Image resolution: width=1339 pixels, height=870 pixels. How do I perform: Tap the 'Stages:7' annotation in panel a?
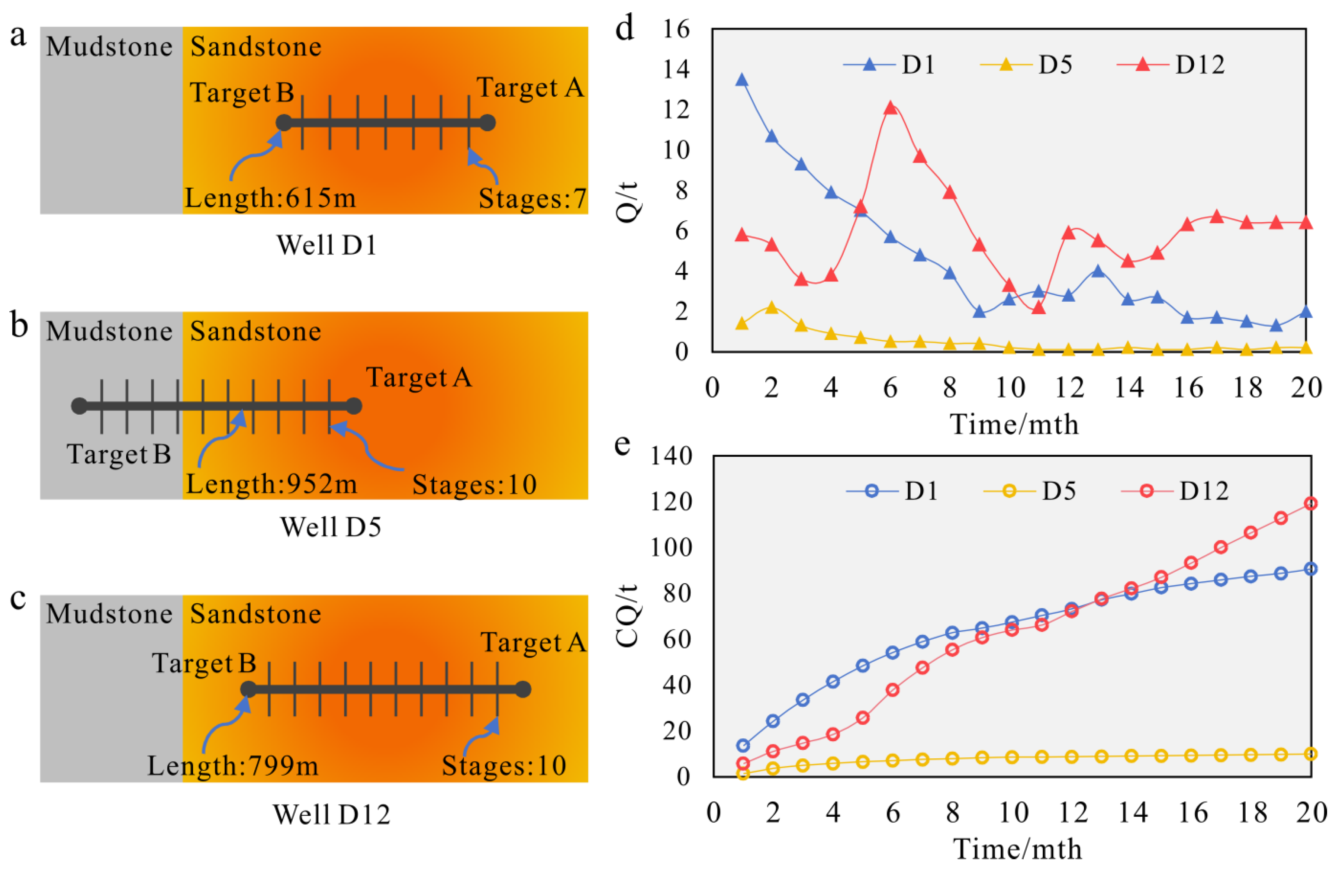tap(532, 199)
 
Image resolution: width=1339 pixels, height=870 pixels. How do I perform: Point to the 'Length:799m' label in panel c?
tap(233, 765)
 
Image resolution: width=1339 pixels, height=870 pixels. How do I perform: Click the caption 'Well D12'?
tap(331, 814)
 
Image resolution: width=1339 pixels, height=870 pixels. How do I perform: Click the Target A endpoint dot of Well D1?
tap(487, 123)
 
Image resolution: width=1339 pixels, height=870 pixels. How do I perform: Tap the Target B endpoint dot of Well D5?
tap(79, 406)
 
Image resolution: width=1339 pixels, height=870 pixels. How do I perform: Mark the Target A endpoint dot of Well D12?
tap(523, 689)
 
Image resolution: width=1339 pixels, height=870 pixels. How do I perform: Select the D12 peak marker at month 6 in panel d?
tap(890, 108)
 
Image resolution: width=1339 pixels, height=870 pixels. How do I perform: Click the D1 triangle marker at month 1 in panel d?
tap(741, 80)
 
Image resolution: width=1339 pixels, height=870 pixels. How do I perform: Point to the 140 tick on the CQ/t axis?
tap(671, 456)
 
